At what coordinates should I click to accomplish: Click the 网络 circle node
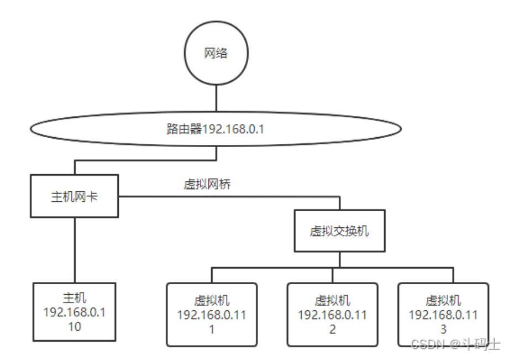(x=216, y=55)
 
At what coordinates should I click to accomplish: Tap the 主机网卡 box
(x=75, y=197)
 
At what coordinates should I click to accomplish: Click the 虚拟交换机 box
(x=339, y=231)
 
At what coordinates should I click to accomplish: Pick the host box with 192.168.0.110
(x=75, y=312)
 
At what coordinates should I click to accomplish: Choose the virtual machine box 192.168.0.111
(x=212, y=314)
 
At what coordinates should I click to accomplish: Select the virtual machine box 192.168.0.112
(x=332, y=314)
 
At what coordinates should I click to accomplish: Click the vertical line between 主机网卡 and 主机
(x=75, y=249)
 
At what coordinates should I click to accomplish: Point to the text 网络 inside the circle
(x=216, y=55)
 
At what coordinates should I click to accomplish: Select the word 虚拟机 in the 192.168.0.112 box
(x=332, y=301)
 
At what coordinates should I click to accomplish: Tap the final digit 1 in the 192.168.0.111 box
(x=212, y=329)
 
